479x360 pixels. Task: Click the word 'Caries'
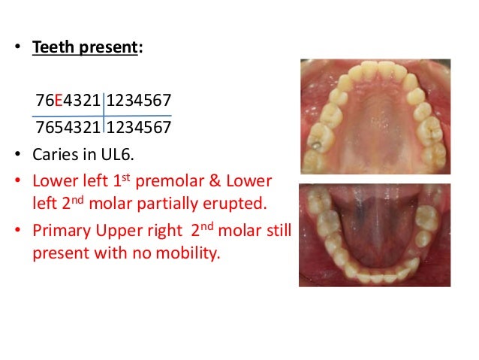click(x=54, y=153)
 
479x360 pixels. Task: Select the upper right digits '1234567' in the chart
click(x=139, y=101)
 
